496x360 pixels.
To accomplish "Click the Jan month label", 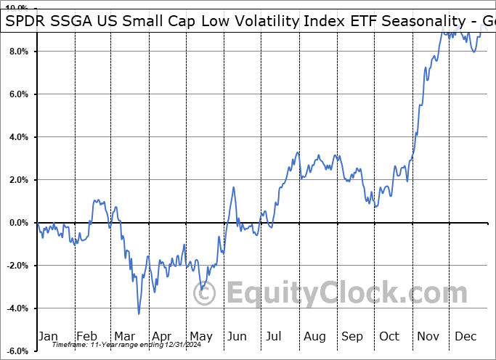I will [x=49, y=336].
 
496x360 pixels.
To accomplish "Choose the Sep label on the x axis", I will [x=352, y=336].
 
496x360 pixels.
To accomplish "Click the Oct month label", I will [x=390, y=336].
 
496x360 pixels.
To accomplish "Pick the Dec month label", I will [x=465, y=336].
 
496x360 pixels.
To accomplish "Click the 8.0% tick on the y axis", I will [x=18, y=52].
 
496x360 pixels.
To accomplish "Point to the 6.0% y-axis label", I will [x=18, y=94].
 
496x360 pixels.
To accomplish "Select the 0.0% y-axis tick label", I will [x=18, y=223].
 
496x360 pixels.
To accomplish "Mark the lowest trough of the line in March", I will [x=139, y=314].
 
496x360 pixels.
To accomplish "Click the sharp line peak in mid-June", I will [x=234, y=187].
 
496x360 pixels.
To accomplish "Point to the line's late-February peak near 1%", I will [x=95, y=200].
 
